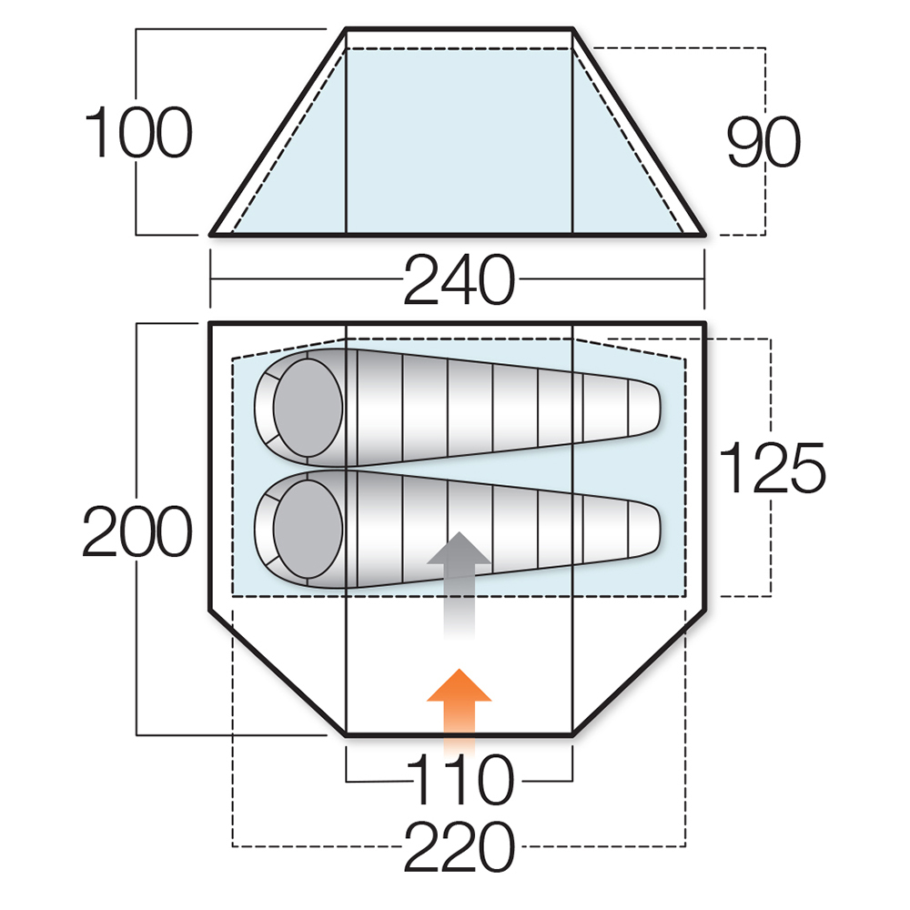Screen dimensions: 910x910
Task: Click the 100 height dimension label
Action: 138,132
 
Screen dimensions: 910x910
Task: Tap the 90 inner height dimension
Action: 763,142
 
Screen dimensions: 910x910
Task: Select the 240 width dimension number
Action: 459,280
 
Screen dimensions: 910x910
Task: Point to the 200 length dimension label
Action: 137,531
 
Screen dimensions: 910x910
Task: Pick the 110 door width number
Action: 460,780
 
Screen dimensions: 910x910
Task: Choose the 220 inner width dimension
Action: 459,846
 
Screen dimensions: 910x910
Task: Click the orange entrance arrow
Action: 459,711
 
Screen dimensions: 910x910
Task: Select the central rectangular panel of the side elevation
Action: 459,132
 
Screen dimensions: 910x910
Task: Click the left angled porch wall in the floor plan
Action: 278,673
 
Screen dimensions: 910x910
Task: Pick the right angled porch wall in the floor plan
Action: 640,673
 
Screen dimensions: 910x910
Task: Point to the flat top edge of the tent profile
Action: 459,28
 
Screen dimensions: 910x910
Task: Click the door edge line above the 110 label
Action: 459,735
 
